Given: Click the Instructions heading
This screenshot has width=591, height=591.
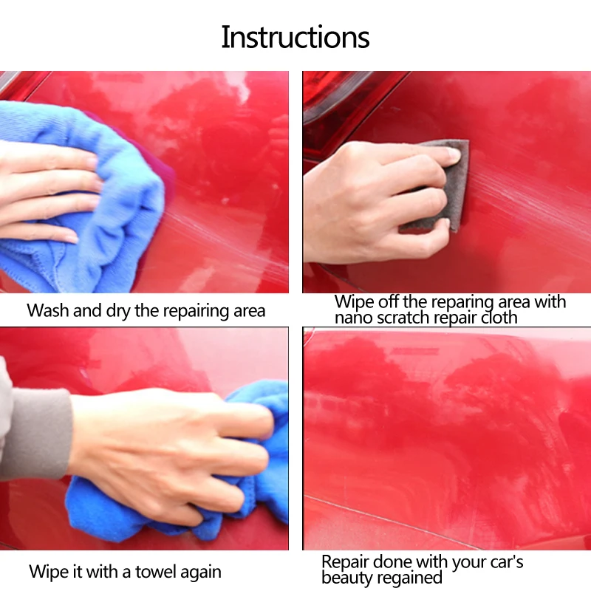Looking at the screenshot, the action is [x=295, y=37].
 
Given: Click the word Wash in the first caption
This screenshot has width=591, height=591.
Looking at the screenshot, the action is [x=48, y=310].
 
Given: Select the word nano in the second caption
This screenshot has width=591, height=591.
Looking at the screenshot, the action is [x=354, y=318].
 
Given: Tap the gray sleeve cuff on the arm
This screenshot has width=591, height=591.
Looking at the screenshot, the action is [x=38, y=434].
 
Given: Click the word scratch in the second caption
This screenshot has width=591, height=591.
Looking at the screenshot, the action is [x=403, y=318].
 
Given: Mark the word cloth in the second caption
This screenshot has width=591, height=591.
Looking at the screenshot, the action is [x=499, y=318].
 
